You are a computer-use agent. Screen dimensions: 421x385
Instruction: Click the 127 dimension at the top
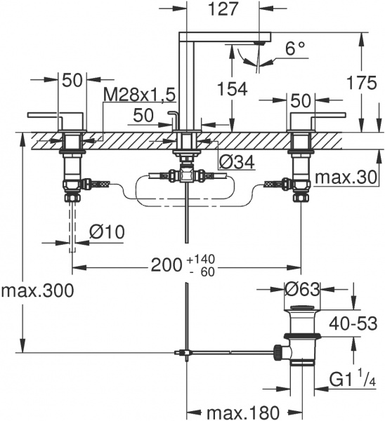coord(224,9)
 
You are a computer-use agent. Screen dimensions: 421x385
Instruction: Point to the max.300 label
coord(37,288)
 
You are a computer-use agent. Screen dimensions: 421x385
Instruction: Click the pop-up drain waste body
coord(302,337)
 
